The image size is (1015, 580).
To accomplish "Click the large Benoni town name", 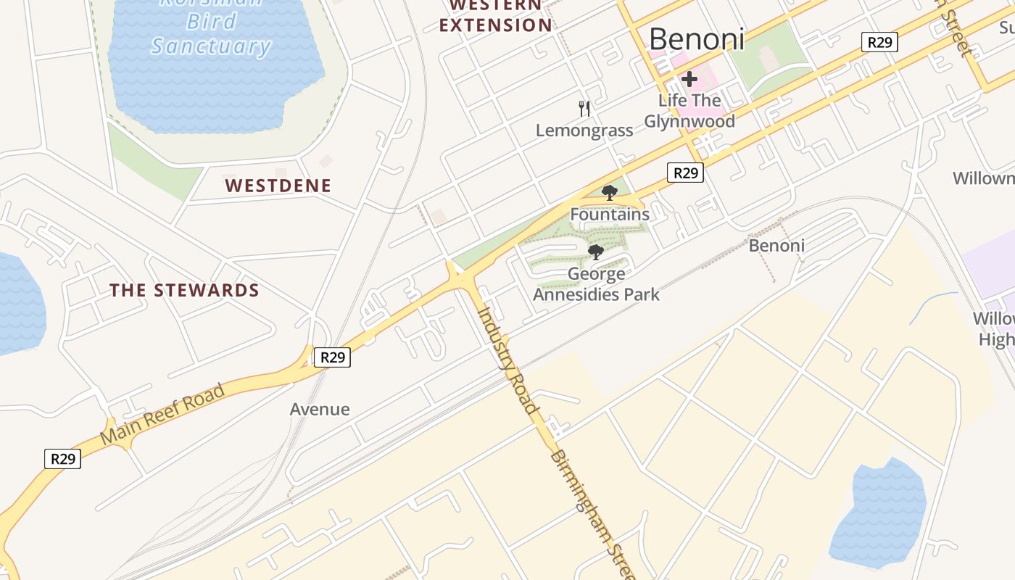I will [696, 39].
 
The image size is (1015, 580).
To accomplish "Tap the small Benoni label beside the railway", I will [776, 246].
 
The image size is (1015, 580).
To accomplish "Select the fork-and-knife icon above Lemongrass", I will [584, 109].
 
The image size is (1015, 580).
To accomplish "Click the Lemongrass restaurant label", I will [584, 130].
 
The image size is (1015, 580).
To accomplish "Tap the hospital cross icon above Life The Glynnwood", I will [689, 78].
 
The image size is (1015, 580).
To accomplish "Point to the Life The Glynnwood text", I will [689, 111].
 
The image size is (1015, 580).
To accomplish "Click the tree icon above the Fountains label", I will [610, 193].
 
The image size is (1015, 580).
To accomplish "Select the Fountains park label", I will [610, 215].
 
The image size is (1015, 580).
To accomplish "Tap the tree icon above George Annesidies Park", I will [596, 252].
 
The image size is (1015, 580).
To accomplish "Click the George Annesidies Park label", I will [597, 284].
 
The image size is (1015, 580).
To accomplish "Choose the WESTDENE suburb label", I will [278, 186].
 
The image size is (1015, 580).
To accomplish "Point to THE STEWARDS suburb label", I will [184, 291].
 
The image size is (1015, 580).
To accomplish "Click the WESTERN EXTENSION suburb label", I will [496, 16].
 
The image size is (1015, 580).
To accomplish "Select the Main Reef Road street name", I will [162, 415].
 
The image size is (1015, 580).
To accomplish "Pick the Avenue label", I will [320, 410].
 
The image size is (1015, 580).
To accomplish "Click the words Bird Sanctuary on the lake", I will [210, 35].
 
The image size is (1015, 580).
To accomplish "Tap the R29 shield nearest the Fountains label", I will [685, 173].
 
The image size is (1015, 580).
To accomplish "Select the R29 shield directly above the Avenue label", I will [332, 357].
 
